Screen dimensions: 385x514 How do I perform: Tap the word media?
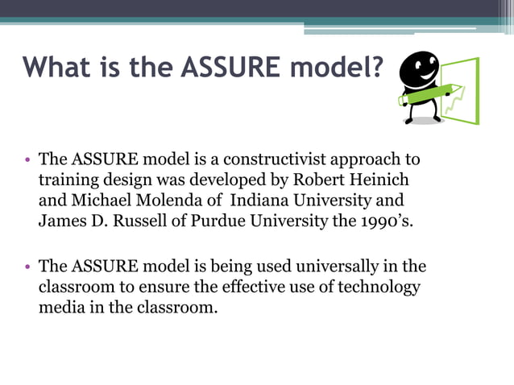pos(60,307)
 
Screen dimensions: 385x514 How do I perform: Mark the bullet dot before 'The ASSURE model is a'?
pos(27,160)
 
